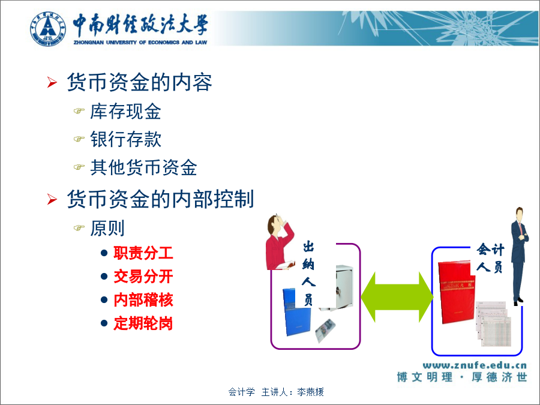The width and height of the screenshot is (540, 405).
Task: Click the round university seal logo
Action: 47,29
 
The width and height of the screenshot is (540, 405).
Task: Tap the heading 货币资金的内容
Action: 139,82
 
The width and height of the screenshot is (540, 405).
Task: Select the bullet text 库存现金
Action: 126,111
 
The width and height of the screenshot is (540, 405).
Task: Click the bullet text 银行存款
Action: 126,139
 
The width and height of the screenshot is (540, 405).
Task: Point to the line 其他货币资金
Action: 143,167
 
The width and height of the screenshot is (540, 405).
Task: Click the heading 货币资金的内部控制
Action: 160,199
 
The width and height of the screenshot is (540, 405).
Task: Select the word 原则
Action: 107,228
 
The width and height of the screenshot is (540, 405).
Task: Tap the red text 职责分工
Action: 143,253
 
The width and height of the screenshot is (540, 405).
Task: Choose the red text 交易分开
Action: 143,277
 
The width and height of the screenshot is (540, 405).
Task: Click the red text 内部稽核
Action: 143,300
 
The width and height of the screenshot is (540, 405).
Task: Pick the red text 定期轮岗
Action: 143,323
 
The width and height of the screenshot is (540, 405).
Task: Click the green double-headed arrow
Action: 397,297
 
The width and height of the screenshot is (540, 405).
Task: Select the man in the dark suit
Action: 520,256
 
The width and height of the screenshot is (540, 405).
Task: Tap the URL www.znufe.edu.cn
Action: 475,365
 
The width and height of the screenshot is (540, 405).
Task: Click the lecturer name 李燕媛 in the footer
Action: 310,392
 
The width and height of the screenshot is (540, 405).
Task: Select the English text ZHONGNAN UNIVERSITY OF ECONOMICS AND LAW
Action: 140,43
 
